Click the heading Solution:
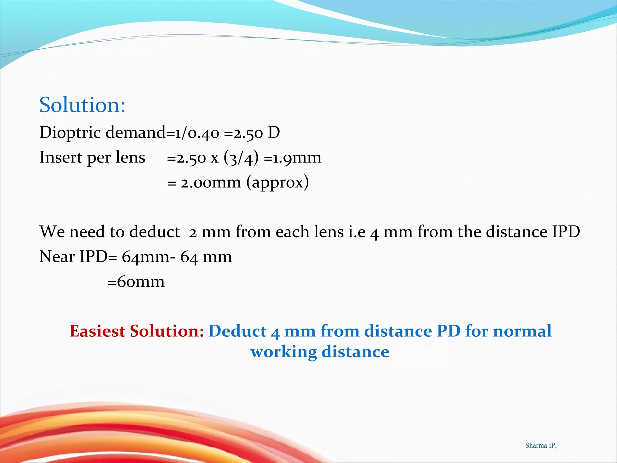[x=82, y=105]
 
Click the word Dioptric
[x=70, y=133]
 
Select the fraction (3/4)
[x=241, y=158]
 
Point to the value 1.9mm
[x=297, y=158]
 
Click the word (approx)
[x=277, y=183]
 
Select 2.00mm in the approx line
[x=211, y=183]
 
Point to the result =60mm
[x=136, y=282]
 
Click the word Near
[x=57, y=257]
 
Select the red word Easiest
[x=97, y=331]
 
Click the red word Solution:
[x=167, y=331]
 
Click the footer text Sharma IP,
[x=541, y=446]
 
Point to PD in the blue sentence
[x=448, y=331]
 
